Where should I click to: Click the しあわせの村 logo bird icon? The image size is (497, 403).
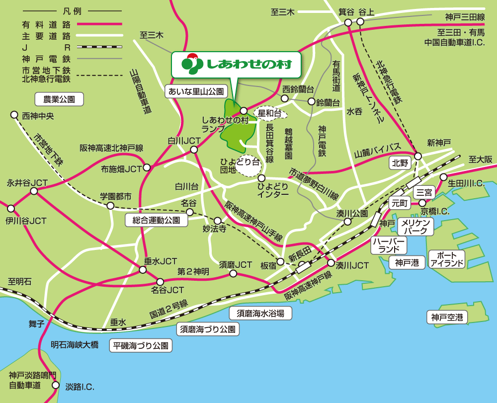pyautogui.click(x=190, y=64)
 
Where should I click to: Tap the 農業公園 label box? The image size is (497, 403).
pyautogui.click(x=59, y=99)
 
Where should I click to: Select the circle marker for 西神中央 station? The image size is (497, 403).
pyautogui.click(x=14, y=115)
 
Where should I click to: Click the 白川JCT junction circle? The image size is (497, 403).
pyautogui.click(x=194, y=149)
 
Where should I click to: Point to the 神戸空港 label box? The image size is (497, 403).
pyautogui.click(x=447, y=317)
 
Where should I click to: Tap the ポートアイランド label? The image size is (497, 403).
pyautogui.click(x=447, y=259)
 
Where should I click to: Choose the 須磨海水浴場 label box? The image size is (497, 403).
pyautogui.click(x=260, y=313)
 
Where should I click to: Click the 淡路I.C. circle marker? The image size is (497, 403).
pyautogui.click(x=56, y=385)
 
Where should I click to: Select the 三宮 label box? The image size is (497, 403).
pyautogui.click(x=425, y=192)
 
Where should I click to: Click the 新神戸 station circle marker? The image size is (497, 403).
pyautogui.click(x=418, y=156)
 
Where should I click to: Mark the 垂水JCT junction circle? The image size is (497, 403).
pyautogui.click(x=143, y=270)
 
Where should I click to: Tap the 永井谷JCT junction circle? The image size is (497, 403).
pyautogui.click(x=34, y=191)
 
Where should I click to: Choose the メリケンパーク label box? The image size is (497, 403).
pyautogui.click(x=415, y=227)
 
